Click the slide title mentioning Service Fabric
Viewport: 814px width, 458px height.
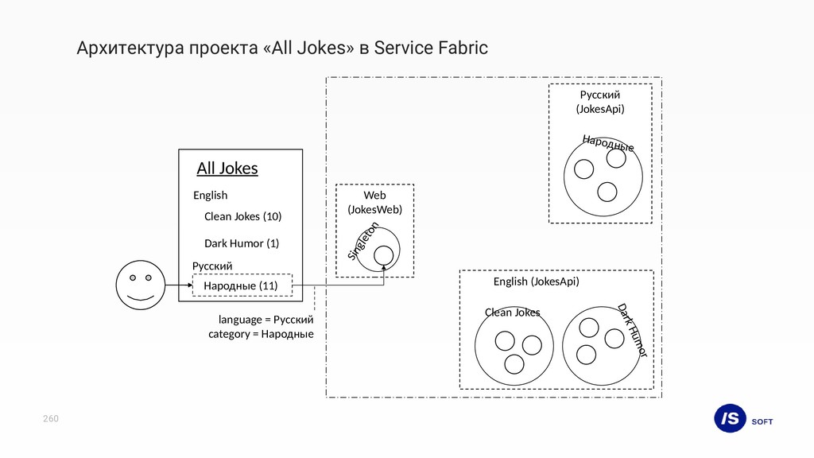pyautogui.click(x=282, y=49)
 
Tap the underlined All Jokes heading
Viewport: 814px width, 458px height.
pyautogui.click(x=227, y=169)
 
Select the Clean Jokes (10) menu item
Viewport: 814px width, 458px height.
pyautogui.click(x=242, y=216)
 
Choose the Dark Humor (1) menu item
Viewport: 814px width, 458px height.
pyautogui.click(x=242, y=243)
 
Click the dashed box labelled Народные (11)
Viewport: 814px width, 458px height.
pyautogui.click(x=242, y=285)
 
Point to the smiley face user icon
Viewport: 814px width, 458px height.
pyautogui.click(x=139, y=286)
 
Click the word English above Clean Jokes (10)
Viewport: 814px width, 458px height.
pyautogui.click(x=210, y=195)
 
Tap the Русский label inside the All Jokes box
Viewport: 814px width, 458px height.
pyautogui.click(x=212, y=266)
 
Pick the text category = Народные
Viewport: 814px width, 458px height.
pyautogui.click(x=261, y=334)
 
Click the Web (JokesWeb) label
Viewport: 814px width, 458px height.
pyautogui.click(x=374, y=202)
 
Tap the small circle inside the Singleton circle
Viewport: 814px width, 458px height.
pyautogui.click(x=384, y=254)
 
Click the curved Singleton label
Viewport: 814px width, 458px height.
pyautogui.click(x=362, y=242)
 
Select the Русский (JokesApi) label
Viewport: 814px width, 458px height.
pyautogui.click(x=600, y=102)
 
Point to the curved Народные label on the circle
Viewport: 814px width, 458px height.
pyautogui.click(x=608, y=143)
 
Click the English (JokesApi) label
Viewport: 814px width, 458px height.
pyautogui.click(x=536, y=281)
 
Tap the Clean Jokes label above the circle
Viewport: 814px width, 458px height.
pyautogui.click(x=512, y=312)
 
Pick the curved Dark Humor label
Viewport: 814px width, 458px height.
pyautogui.click(x=633, y=329)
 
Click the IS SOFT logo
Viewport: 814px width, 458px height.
pyautogui.click(x=742, y=419)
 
